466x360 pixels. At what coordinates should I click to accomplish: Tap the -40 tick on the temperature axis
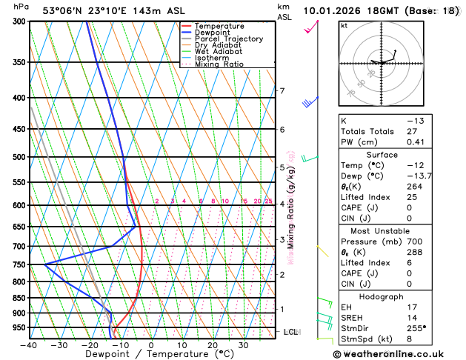click(x=30, y=345)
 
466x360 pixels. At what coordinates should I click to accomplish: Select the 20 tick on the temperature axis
click(x=213, y=345)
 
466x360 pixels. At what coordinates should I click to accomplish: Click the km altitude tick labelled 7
click(x=282, y=91)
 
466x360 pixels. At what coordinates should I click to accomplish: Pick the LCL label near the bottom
click(x=290, y=332)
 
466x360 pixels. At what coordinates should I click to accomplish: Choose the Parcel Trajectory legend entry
click(x=228, y=39)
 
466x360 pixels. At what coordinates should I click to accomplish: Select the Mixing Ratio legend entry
click(x=219, y=64)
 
